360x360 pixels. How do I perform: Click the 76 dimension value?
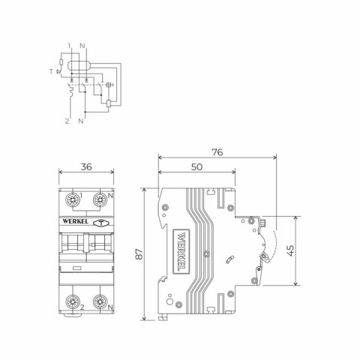click(217, 152)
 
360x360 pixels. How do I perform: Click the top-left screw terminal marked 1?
click(73, 201)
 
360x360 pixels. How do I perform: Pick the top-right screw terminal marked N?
click(97, 201)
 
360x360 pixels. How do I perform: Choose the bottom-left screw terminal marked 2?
click(73, 304)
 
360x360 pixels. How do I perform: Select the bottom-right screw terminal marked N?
click(97, 304)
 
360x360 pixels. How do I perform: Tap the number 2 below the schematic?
click(67, 121)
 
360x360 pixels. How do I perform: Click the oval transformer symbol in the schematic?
click(78, 65)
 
